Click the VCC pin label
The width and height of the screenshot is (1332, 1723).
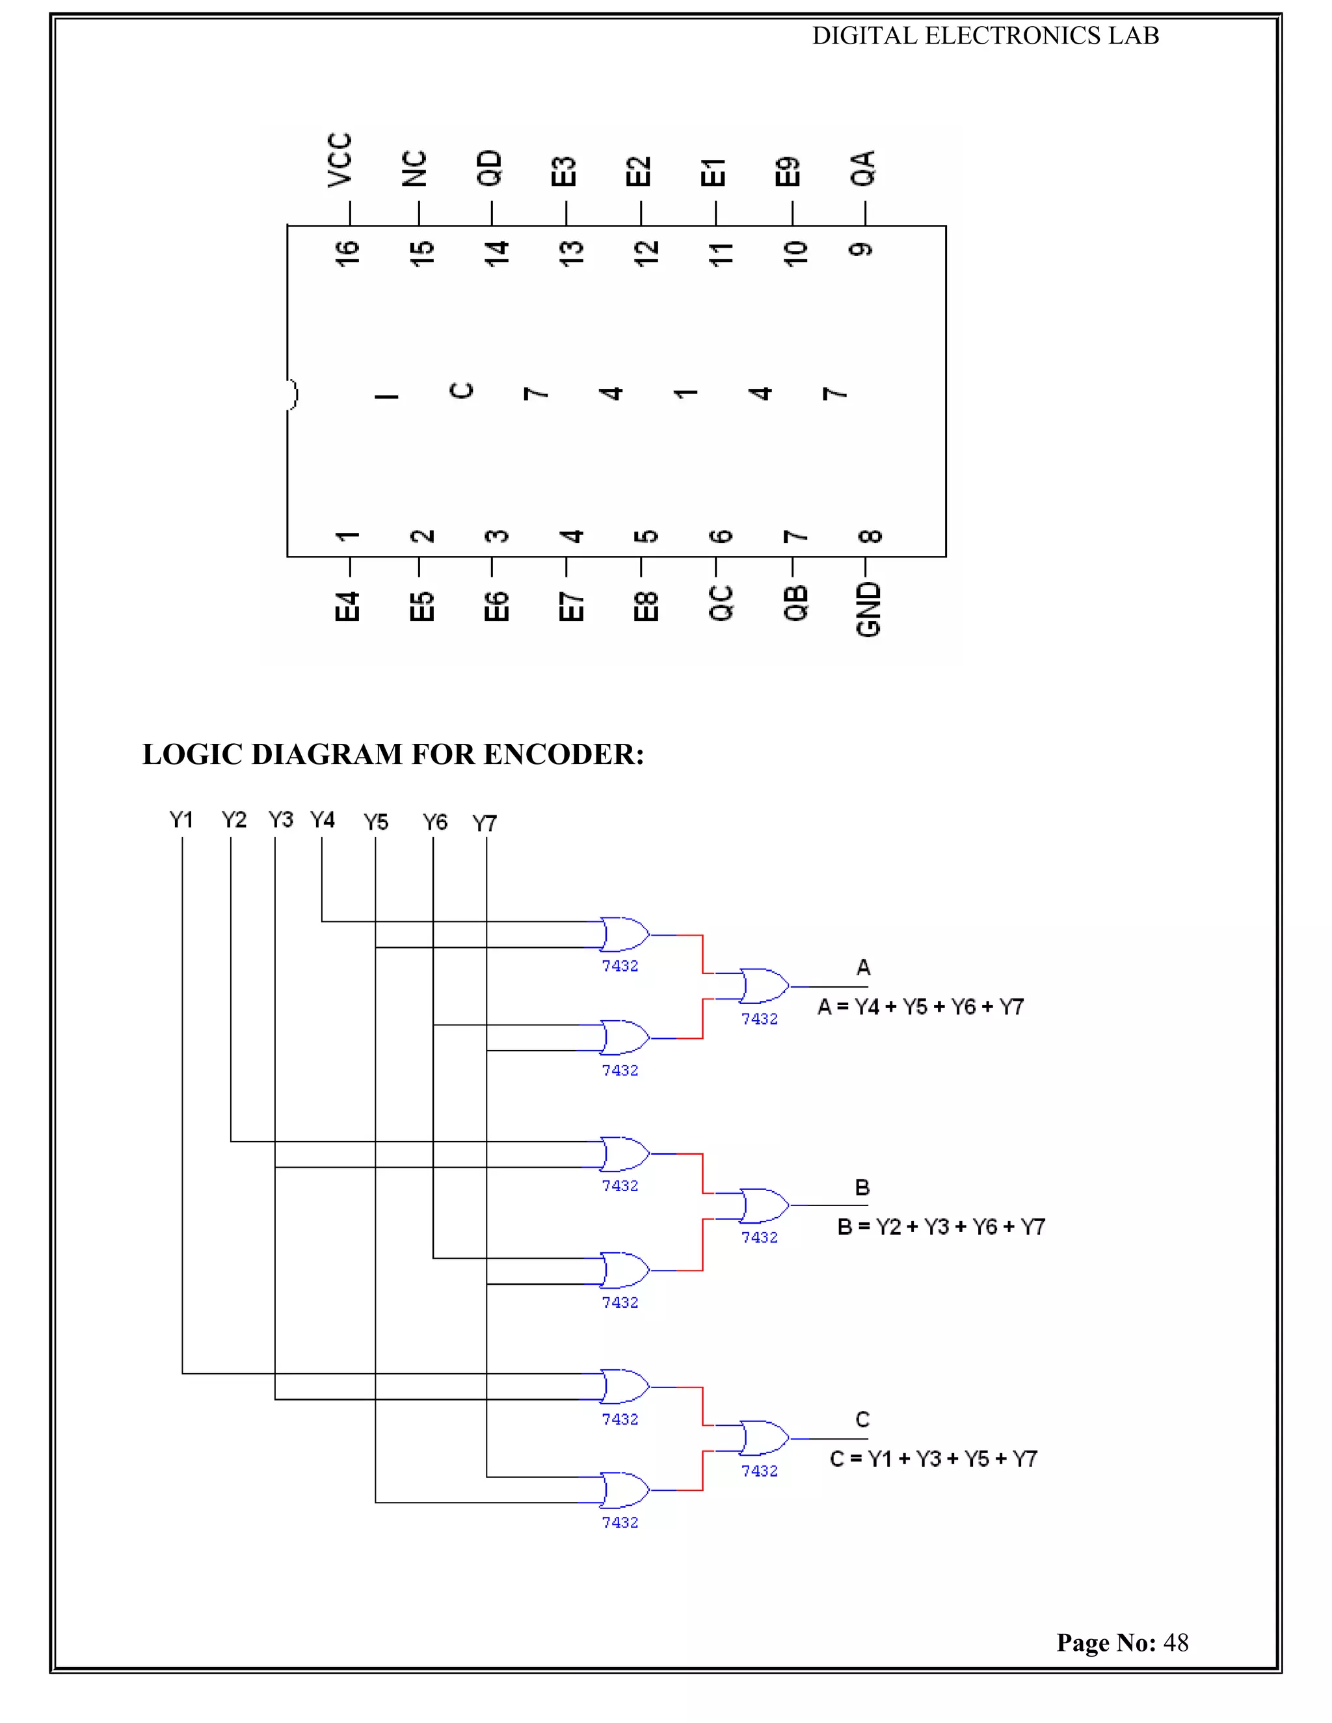coord(340,160)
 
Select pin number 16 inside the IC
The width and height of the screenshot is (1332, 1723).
coord(347,254)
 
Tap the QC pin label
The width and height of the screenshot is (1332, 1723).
coord(721,603)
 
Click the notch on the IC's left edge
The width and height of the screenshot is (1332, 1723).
coord(292,393)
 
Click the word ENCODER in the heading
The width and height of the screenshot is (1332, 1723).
coord(562,755)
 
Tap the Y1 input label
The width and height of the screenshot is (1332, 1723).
coord(181,820)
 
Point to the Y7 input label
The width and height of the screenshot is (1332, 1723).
coord(485,824)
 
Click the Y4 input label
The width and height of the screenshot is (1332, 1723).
coord(322,820)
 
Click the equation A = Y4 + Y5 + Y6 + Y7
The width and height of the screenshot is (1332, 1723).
coord(920,1007)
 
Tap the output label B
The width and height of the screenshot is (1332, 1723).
coord(862,1187)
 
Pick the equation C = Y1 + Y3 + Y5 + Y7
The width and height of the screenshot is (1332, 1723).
coord(933,1459)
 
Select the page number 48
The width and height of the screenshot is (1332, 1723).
coord(1176,1642)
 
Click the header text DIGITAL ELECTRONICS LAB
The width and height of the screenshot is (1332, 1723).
coord(985,36)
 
